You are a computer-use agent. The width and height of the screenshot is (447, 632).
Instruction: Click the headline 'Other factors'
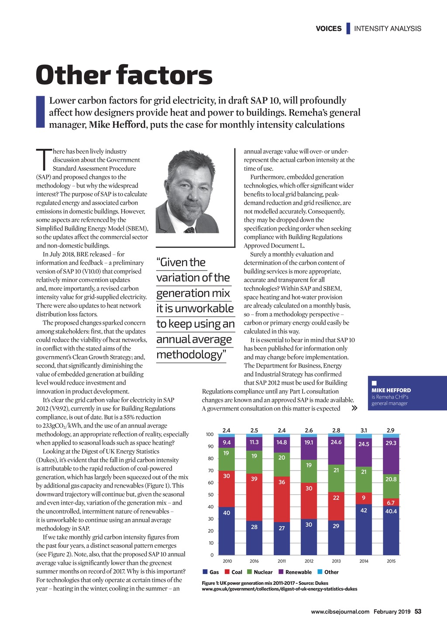click(124, 75)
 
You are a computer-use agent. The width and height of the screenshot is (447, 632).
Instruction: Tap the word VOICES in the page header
click(329, 29)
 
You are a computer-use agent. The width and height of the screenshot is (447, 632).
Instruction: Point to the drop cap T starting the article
click(43, 159)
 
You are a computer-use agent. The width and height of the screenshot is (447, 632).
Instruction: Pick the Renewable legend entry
click(295, 572)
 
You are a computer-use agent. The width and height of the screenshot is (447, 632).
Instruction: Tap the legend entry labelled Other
click(328, 572)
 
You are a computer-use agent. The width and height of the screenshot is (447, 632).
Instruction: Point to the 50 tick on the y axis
click(210, 495)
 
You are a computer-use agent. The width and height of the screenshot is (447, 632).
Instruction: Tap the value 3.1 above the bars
click(364, 430)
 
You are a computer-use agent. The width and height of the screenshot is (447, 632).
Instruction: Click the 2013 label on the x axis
click(336, 561)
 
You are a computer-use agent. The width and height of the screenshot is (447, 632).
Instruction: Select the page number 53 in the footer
click(418, 611)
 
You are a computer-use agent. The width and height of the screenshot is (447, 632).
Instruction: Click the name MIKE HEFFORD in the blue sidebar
click(391, 390)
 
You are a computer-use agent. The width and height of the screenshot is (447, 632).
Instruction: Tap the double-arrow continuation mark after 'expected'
click(354, 409)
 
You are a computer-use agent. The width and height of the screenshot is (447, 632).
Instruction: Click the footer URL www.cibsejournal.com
click(340, 612)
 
